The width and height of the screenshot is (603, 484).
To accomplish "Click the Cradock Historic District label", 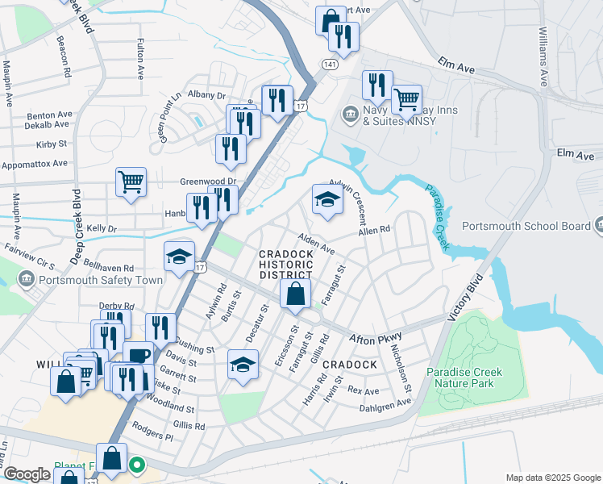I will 285,265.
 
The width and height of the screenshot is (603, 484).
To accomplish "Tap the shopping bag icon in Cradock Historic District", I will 296,294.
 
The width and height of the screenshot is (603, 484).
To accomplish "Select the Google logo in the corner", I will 26,474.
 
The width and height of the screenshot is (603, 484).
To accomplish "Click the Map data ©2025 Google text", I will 552,478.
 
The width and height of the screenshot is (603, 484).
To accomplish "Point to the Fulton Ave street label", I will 140,59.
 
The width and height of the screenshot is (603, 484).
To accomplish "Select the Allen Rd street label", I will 374,230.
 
